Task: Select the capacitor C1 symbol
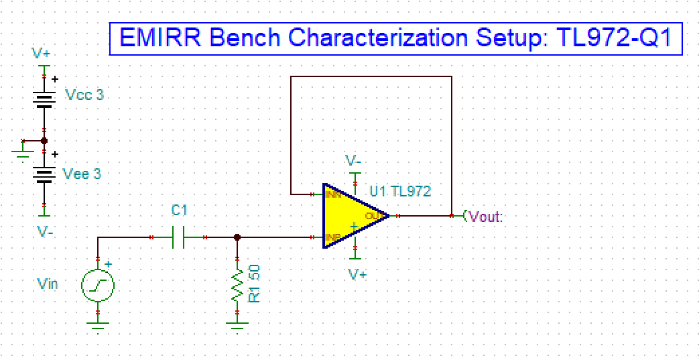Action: tap(178, 237)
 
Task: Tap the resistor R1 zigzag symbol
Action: tap(237, 284)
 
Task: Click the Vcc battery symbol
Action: tap(44, 99)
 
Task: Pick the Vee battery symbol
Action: tap(44, 174)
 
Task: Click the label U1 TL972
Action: tap(400, 192)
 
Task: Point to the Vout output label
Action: tap(486, 216)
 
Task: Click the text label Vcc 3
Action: tap(84, 95)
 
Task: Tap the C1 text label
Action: tap(179, 211)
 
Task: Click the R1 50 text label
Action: tap(255, 284)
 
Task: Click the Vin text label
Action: tap(48, 284)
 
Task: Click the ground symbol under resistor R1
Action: tap(237, 326)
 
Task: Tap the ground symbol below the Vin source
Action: tap(98, 326)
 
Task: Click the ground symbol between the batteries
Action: tap(21, 154)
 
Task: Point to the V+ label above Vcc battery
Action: tap(42, 53)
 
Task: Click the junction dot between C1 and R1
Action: tap(237, 237)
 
